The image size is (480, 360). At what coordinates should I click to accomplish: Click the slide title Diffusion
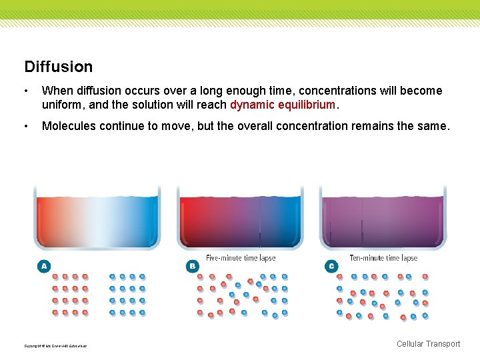59,67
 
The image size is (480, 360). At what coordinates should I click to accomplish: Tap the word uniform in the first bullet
61,105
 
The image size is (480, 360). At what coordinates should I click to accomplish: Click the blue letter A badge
43,266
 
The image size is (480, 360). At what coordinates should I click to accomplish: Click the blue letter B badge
192,266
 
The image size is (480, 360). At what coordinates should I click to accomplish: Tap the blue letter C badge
331,266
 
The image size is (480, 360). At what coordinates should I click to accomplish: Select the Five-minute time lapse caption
241,258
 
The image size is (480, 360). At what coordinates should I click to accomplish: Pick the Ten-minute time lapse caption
383,258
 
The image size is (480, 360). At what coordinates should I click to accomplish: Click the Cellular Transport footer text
428,344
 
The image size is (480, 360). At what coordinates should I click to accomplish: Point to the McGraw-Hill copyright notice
55,345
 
